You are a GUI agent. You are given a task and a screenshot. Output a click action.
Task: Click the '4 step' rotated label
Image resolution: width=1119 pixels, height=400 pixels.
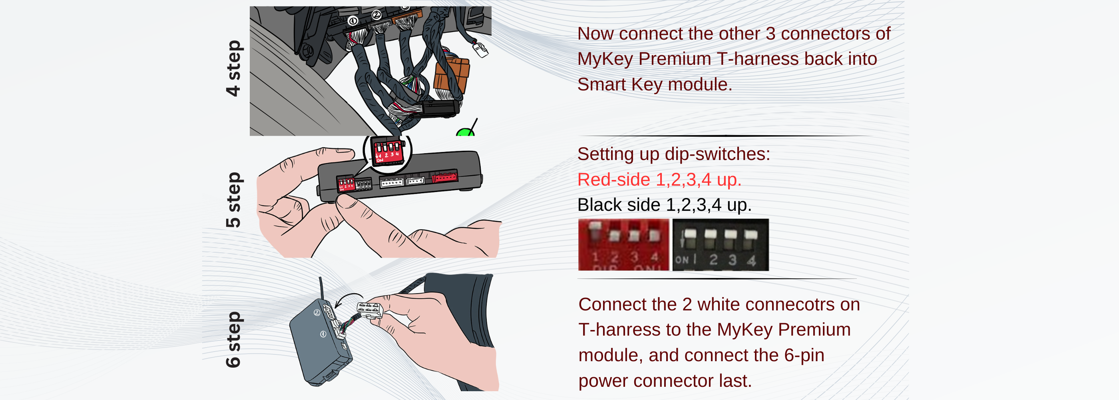(x=233, y=68)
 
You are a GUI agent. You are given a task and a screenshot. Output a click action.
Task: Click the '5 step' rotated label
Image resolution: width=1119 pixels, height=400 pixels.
(x=233, y=200)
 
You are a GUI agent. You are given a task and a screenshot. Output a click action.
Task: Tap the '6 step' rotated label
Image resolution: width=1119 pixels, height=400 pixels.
(x=233, y=339)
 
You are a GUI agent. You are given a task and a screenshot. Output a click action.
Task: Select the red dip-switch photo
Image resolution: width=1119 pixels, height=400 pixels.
(x=623, y=245)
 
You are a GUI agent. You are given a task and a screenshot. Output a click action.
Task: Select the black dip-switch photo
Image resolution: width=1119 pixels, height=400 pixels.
(x=720, y=245)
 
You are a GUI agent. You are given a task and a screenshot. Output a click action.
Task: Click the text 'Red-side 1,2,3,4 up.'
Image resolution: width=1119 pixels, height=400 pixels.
(x=659, y=180)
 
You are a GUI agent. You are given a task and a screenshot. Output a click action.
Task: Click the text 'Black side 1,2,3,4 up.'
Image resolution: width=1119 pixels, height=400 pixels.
(x=664, y=205)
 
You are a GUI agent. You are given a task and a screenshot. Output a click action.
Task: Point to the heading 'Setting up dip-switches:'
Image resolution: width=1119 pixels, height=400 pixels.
(x=673, y=154)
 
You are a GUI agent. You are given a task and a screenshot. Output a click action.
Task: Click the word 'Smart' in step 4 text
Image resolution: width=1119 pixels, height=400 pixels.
(x=601, y=84)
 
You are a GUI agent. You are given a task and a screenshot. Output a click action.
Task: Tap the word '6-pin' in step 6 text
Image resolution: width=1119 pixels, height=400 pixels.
(x=804, y=355)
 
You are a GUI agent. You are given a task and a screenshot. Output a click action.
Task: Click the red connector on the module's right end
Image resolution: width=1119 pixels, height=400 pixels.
(x=445, y=177)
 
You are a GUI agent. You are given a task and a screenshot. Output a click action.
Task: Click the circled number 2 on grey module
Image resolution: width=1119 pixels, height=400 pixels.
(x=317, y=313)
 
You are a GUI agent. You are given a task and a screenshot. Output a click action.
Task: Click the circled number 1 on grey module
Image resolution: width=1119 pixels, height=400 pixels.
(x=323, y=334)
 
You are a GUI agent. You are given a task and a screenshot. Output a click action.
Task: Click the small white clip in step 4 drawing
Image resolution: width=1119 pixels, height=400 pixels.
(x=480, y=50)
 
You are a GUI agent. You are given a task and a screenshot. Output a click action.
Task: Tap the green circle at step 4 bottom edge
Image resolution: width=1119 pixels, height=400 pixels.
(x=465, y=133)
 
